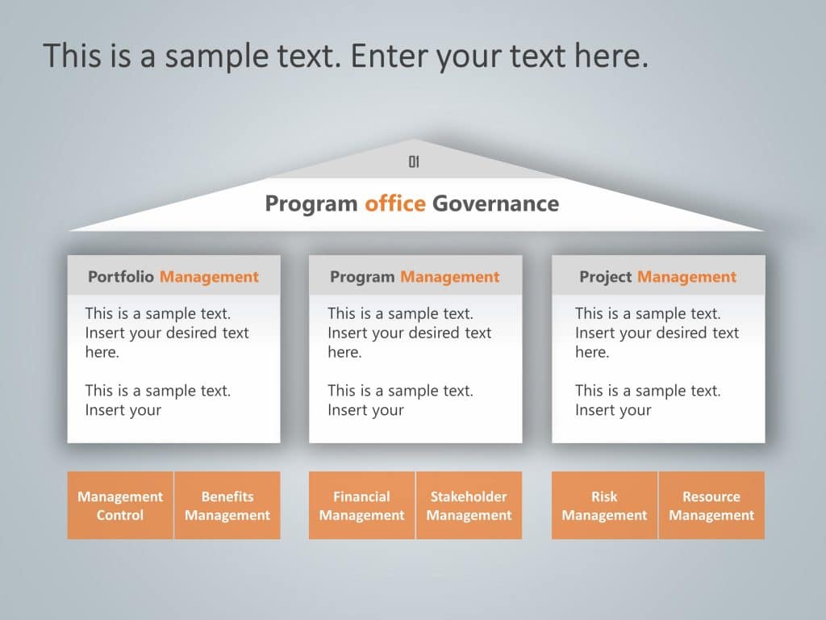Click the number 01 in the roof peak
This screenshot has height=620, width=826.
[x=414, y=162]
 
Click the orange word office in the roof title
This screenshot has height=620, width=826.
[x=394, y=203]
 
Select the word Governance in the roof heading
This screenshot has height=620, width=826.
[x=495, y=203]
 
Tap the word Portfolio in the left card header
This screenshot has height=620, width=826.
[x=121, y=277]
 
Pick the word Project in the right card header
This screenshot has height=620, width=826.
[x=605, y=277]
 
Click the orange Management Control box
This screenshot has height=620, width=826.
[x=120, y=505]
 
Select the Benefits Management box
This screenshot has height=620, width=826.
[x=227, y=505]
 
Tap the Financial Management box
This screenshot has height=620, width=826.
[x=361, y=505]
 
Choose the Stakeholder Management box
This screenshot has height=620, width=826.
[x=469, y=505]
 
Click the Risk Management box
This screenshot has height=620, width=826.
[x=604, y=505]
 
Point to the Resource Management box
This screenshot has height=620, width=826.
[x=711, y=505]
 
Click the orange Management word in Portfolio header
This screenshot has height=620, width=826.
[x=209, y=277]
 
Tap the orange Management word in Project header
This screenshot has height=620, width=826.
[x=686, y=277]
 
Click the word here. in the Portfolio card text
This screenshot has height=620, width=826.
[x=102, y=352]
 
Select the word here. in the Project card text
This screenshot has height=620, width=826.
[x=592, y=352]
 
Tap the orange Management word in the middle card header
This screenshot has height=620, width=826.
[x=450, y=277]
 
